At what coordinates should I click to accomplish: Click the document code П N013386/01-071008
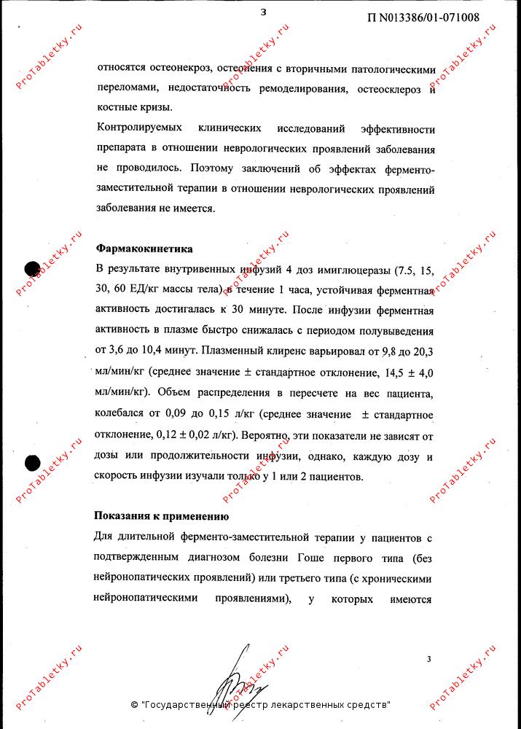tap(423, 17)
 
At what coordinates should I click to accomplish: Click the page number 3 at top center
tap(263, 11)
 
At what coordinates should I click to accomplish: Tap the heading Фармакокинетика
tap(144, 247)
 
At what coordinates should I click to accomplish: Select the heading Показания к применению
tap(162, 517)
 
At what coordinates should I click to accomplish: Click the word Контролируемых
tap(139, 129)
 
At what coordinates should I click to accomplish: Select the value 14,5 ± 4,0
tap(404, 372)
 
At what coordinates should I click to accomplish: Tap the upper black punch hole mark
tap(32, 268)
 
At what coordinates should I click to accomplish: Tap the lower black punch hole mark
tap(32, 461)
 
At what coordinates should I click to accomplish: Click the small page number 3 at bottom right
tap(429, 659)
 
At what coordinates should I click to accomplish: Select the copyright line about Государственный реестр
tap(260, 705)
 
